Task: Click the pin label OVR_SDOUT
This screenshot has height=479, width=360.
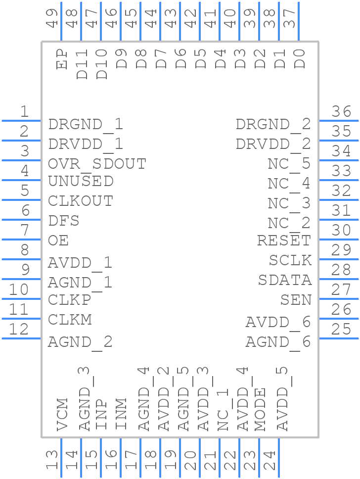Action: [x=97, y=163]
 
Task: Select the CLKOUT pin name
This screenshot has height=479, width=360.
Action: [x=81, y=201]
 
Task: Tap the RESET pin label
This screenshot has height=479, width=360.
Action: [x=284, y=240]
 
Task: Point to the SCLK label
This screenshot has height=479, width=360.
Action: [x=290, y=260]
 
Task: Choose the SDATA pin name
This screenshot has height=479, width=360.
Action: [x=285, y=280]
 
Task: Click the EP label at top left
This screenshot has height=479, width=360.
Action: [x=62, y=59]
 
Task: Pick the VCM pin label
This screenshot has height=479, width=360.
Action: [x=62, y=414]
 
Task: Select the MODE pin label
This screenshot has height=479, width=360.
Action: [x=260, y=409]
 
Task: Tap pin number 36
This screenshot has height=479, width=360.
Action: [x=341, y=111]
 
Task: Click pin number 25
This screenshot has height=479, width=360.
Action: [x=341, y=329]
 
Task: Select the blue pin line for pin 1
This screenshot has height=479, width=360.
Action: [x=21, y=120]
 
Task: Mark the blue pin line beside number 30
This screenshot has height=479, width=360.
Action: [x=339, y=239]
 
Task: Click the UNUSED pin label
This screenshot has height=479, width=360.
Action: [x=81, y=181]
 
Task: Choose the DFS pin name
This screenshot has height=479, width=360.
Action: [x=64, y=221]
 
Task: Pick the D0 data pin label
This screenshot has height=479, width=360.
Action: [x=300, y=59]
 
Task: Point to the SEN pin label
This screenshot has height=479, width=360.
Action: [x=296, y=300]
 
